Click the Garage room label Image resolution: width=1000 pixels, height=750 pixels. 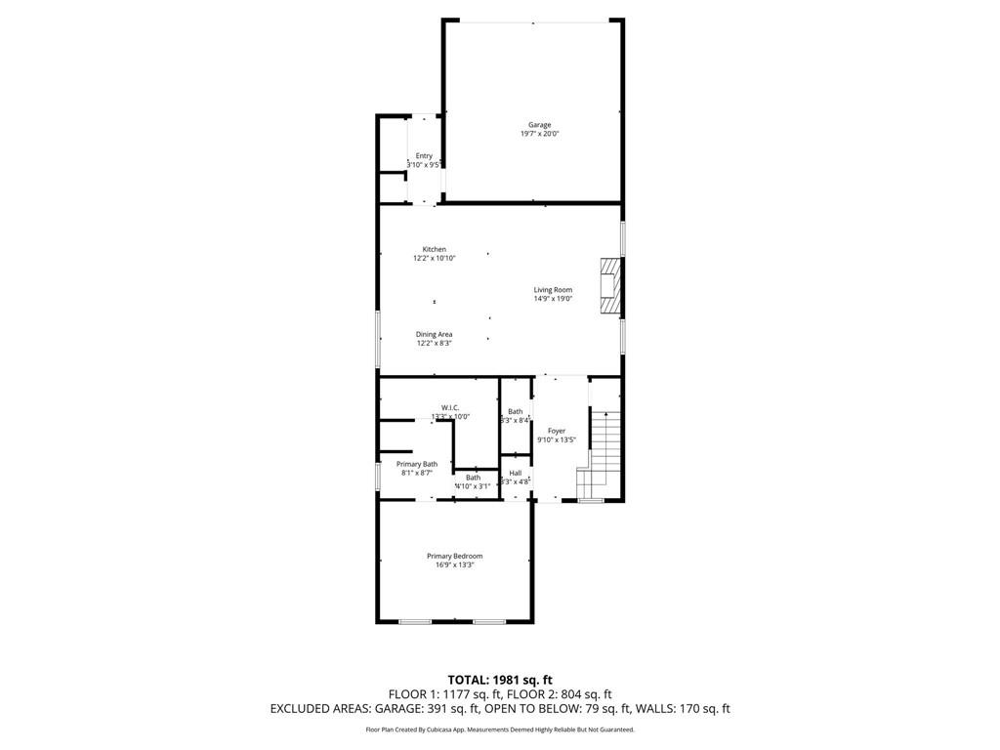pos(540,125)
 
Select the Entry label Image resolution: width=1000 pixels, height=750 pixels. pos(424,156)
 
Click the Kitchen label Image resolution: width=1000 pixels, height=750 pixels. pos(435,249)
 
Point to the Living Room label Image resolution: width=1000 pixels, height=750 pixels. pos(553,290)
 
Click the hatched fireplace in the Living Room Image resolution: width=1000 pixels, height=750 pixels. pos(610,286)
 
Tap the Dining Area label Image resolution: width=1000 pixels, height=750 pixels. pos(435,334)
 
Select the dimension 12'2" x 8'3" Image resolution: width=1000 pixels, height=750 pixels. pos(435,344)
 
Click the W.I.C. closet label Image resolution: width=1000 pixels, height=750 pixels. pos(450,407)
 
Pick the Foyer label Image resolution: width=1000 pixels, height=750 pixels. pos(557,431)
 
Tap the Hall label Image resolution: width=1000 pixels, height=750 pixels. pos(516,473)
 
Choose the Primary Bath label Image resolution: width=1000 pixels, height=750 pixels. pos(417,464)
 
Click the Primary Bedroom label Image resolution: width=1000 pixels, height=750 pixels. pos(455,557)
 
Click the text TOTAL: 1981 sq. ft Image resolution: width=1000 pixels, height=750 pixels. pos(500,679)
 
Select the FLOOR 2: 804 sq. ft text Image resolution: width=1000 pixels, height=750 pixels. pos(557,694)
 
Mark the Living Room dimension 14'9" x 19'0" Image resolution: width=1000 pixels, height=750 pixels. pos(553,300)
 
